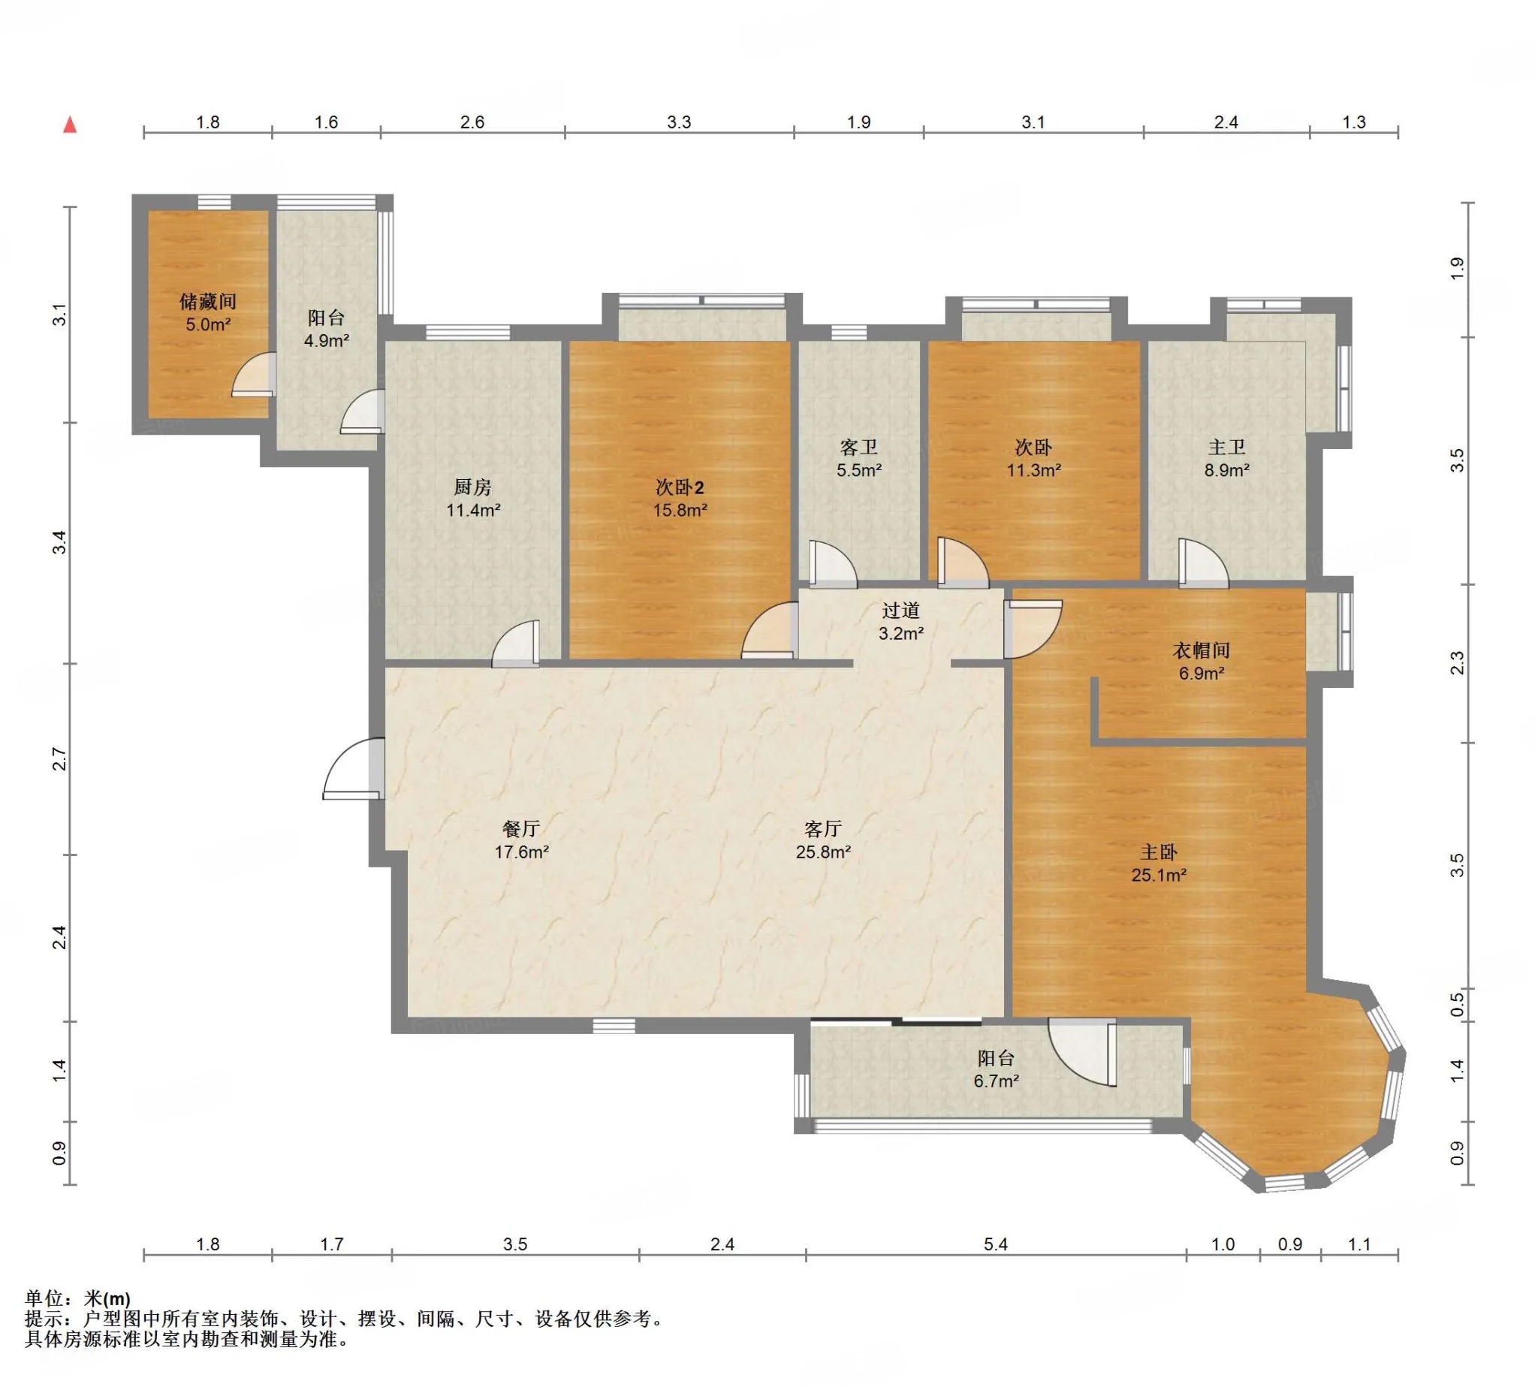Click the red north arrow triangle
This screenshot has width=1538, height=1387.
(x=70, y=124)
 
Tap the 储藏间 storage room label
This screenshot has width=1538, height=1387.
(x=207, y=302)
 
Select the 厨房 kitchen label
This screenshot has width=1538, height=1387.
(x=472, y=487)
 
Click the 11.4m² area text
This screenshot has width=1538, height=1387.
(x=473, y=510)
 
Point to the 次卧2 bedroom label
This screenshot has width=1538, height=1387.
(x=680, y=487)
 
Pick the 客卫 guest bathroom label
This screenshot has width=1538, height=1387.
(x=859, y=448)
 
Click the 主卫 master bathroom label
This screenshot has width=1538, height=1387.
(x=1226, y=448)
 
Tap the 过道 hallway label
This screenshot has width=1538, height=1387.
(x=901, y=611)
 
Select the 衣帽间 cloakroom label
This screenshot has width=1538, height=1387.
(x=1201, y=650)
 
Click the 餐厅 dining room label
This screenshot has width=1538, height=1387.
(x=521, y=828)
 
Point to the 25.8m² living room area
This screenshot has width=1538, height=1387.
(x=823, y=852)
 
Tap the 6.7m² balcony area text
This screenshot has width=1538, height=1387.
(x=996, y=1081)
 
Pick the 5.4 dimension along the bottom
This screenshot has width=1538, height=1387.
(x=995, y=1244)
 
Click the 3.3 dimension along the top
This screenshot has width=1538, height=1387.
(x=678, y=122)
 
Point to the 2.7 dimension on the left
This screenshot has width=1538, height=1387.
(x=59, y=759)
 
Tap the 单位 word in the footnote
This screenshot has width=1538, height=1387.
(x=44, y=1298)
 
